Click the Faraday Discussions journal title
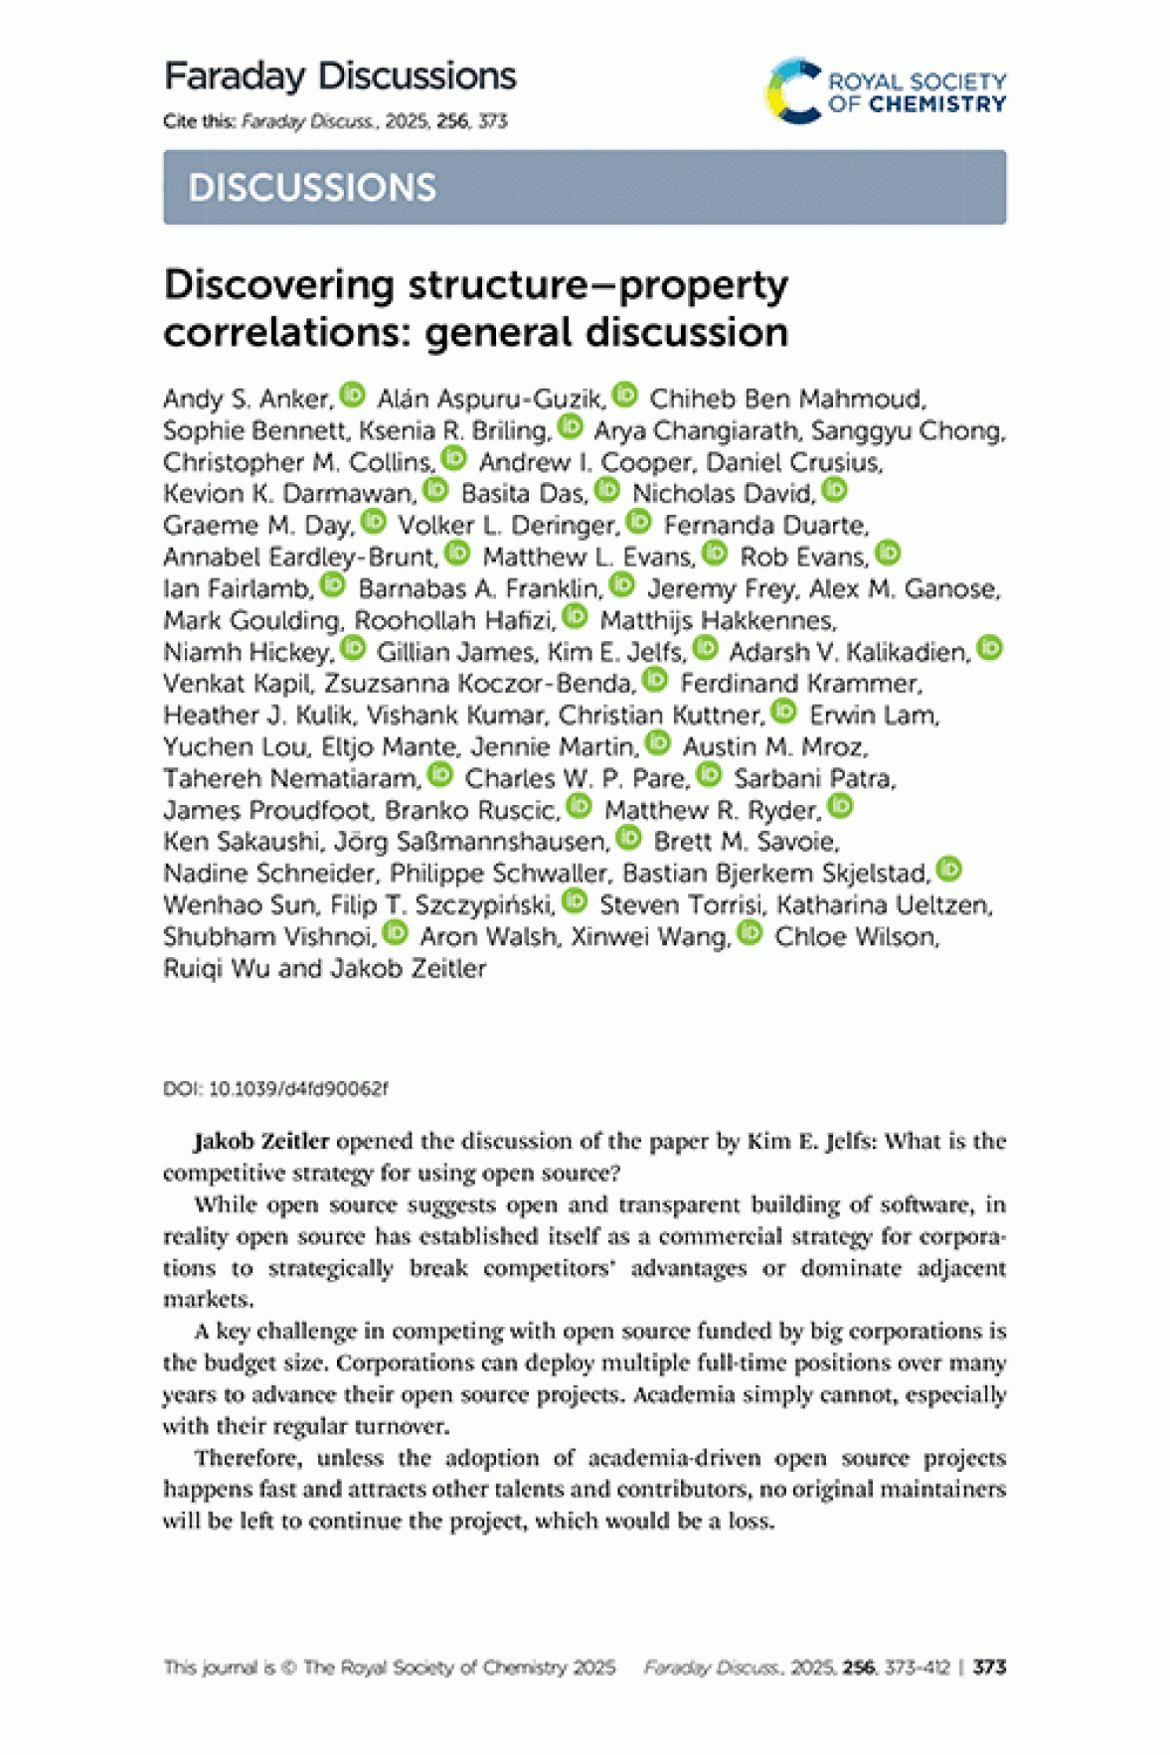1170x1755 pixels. pyautogui.click(x=339, y=77)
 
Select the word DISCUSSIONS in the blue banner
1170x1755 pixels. pyautogui.click(x=312, y=188)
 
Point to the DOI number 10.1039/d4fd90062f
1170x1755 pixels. pyautogui.click(x=298, y=1089)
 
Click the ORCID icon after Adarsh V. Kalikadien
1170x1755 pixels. pyautogui.click(x=990, y=648)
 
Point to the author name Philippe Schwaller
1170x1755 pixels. pyautogui.click(x=498, y=873)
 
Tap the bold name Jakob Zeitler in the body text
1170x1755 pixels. pyautogui.click(x=261, y=1141)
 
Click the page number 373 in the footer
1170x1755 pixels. pyautogui.click(x=990, y=1667)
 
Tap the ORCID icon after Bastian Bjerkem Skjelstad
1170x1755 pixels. pyautogui.click(x=950, y=870)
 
